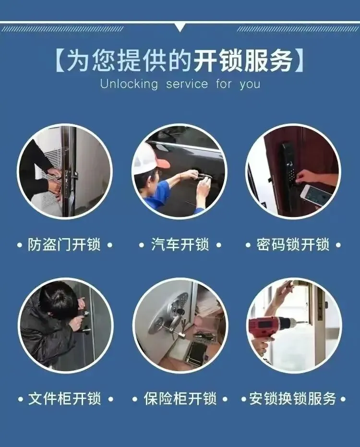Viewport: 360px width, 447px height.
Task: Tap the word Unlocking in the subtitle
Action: pos(129,84)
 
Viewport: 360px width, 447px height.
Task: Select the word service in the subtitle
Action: pos(187,84)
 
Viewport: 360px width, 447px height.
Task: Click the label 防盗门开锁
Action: pos(64,244)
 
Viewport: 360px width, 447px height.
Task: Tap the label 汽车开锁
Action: pos(180,244)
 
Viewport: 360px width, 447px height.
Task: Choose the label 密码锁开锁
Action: pos(293,244)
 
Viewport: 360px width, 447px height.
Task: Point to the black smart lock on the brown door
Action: pos(289,177)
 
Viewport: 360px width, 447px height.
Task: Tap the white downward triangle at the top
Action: pos(180,27)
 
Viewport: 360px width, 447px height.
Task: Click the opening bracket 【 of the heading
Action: pos(60,60)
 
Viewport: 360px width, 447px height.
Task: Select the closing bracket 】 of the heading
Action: pos(300,60)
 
